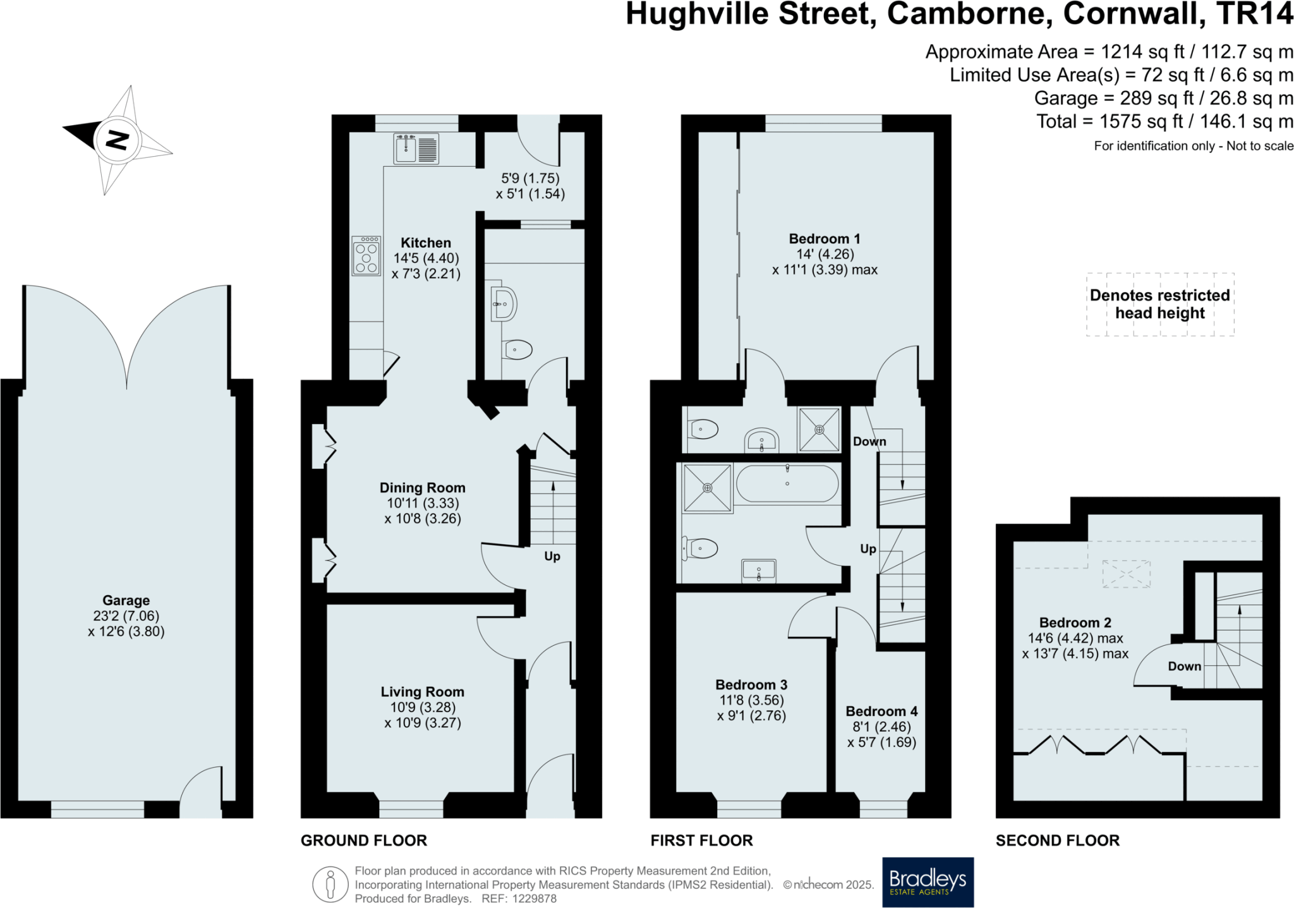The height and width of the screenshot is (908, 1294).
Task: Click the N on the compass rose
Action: [x=117, y=140]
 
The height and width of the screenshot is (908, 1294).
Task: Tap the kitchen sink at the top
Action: [x=416, y=149]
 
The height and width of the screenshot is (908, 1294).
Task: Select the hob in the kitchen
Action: [x=366, y=255]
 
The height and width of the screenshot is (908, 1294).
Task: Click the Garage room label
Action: [x=126, y=600]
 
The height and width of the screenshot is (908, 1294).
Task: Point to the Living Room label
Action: [x=422, y=692]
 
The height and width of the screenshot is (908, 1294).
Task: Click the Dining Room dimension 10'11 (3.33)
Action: [x=423, y=503]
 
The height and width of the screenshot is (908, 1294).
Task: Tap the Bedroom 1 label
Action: [x=824, y=239]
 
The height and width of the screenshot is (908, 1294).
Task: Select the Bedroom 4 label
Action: [x=881, y=711]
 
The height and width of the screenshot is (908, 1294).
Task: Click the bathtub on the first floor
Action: [x=787, y=484]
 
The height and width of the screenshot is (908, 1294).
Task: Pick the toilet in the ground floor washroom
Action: [x=517, y=349]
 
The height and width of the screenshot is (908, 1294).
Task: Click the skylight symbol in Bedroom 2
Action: [x=1126, y=574]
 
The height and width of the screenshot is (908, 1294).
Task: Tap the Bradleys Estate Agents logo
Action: [x=928, y=881]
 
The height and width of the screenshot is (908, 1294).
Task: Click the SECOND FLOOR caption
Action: [x=1057, y=840]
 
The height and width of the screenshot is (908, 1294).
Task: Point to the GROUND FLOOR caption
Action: [x=364, y=840]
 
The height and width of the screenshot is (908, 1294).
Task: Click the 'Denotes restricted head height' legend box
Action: [x=1159, y=304]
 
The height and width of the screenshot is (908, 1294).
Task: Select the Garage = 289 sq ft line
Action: [x=1163, y=99]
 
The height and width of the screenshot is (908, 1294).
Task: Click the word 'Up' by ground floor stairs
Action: [x=552, y=556]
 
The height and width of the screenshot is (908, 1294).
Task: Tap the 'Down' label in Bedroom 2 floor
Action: [x=1184, y=666]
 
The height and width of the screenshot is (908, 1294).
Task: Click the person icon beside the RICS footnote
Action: [x=330, y=884]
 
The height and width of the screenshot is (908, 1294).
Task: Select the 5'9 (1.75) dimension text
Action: [x=530, y=178]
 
